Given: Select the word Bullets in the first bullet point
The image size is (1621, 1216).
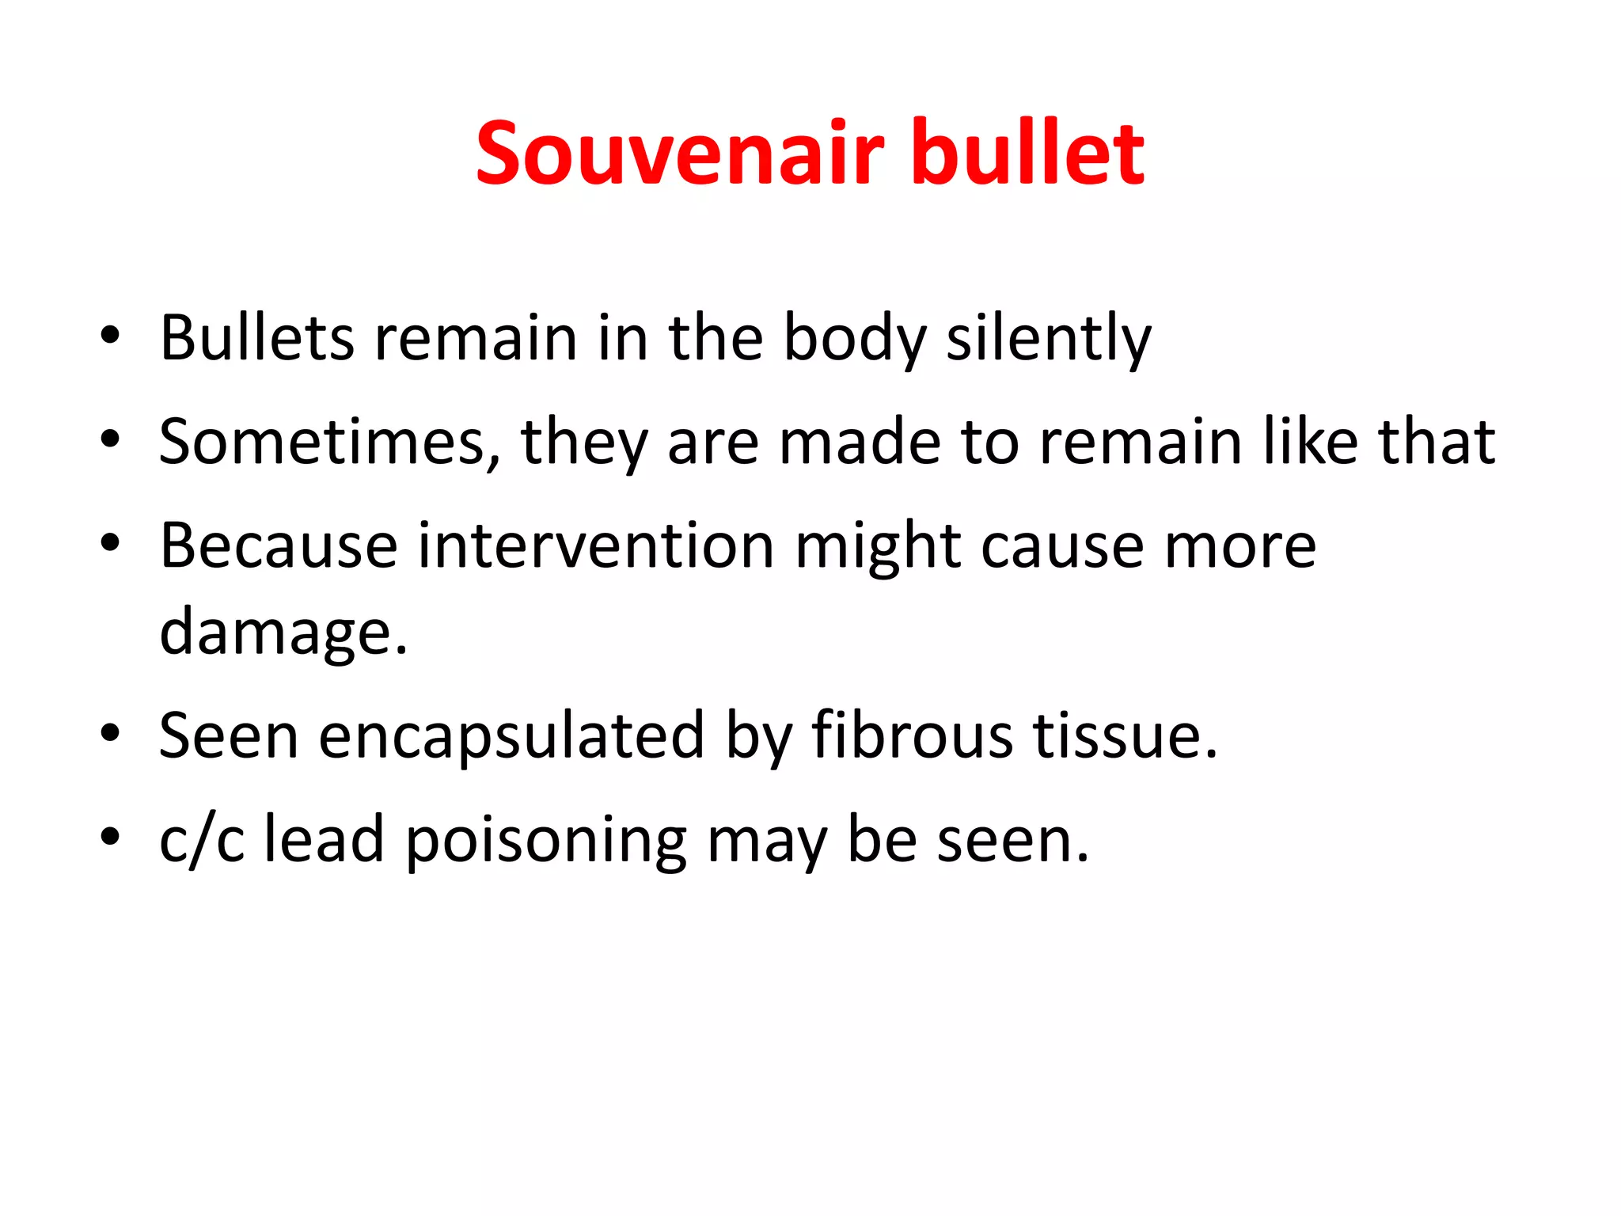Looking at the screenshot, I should (256, 338).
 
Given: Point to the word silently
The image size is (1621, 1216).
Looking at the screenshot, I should (1049, 338).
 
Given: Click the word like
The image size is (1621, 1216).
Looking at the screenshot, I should (1310, 442).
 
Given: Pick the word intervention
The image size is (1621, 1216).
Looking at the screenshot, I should (596, 545).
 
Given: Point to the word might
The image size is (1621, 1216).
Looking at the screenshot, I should (878, 545).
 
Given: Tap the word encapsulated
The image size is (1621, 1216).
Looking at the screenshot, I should (511, 735).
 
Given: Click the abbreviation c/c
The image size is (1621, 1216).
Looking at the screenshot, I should (202, 839).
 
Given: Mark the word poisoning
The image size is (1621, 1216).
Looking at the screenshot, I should (546, 839).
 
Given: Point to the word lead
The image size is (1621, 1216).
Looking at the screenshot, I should (324, 839).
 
